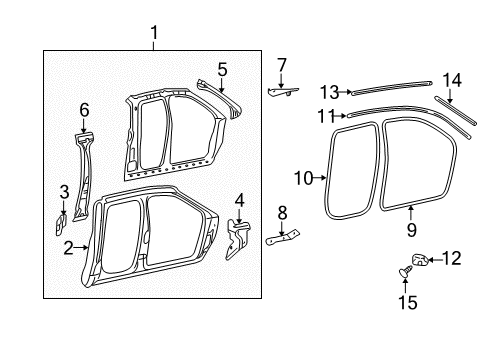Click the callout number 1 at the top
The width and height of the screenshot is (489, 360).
coord(154,37)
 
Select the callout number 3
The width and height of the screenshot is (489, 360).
coord(63,191)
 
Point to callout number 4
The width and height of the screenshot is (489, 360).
coord(238,200)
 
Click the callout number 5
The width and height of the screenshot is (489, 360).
coord(222,69)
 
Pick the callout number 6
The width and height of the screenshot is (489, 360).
coord(84,110)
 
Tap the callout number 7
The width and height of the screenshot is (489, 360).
coord(281,65)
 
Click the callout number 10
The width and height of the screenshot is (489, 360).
coord(304,179)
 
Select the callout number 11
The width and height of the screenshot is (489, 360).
coord(325,116)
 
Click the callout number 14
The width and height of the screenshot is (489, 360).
coord(452,79)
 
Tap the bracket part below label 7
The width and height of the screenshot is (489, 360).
coord(284,90)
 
